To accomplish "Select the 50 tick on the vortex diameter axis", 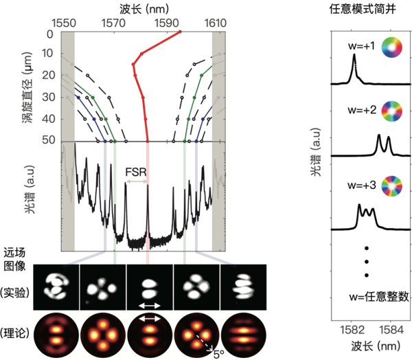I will click(49, 141).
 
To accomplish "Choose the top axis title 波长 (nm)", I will click(139, 8).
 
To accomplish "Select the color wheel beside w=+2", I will click(391, 111).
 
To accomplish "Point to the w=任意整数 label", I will click(379, 297).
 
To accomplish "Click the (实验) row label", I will click(17, 288).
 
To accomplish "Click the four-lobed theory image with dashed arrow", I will click(196, 333).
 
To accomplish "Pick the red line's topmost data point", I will click(181, 32).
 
